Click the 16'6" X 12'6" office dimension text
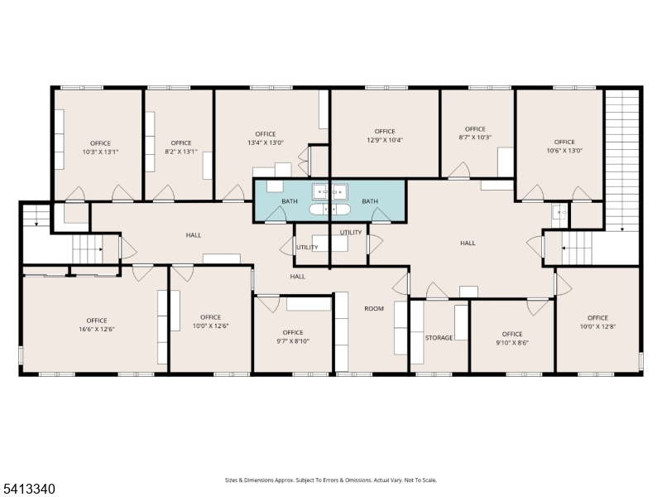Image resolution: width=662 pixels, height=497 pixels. coord(97,329)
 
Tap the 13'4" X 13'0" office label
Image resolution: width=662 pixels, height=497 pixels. coord(266,142)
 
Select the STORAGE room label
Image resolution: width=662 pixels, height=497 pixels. coord(439,338)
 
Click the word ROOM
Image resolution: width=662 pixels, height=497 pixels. coord(374,308)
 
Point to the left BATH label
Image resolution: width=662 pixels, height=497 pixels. coord(290,201)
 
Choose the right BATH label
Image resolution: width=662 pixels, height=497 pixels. coord(370,201)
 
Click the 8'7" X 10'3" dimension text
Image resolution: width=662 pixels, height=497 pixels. coord(475,138)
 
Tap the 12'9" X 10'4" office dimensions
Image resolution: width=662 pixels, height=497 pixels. coord(385,140)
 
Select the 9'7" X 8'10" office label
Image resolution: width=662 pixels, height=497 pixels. coord(293,341)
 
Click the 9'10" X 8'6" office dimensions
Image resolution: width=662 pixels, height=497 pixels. coord(512,343)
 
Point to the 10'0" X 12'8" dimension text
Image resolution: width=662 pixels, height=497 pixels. coord(597,326)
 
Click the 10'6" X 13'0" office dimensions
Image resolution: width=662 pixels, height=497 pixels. coord(564,151)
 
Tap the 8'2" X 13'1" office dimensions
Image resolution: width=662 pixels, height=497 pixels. coord(181,152)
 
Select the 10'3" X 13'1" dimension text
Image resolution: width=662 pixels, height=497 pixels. coord(100,152)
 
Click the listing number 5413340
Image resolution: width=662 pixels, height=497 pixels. coord(27,489)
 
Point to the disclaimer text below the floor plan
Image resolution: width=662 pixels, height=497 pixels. coord(330,480)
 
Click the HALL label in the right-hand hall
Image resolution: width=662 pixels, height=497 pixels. coord(468,243)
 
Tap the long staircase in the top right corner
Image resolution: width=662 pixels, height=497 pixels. coord(622,160)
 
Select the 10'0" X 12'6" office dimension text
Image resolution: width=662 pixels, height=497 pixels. coord(211,326)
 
